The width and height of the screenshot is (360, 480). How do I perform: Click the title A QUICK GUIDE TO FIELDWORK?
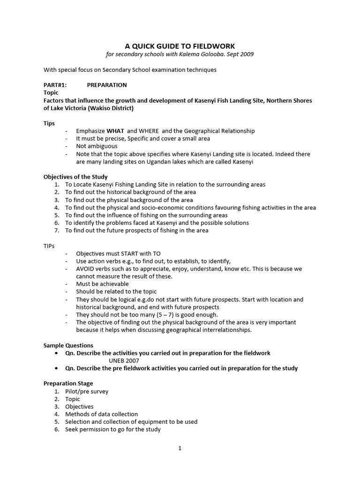click(180, 46)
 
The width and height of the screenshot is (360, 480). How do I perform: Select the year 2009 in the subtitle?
click(247, 54)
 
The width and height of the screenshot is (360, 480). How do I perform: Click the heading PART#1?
click(55, 85)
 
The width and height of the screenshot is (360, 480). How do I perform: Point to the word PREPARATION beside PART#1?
click(107, 85)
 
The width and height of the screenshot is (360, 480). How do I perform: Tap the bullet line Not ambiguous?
click(97, 146)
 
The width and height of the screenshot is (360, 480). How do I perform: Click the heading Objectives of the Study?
click(75, 177)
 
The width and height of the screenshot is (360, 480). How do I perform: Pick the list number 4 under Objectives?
click(56, 207)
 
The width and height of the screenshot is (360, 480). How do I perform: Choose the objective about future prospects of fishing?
click(136, 230)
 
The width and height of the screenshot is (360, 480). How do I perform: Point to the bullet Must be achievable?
click(102, 284)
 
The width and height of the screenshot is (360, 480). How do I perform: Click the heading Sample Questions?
click(68, 345)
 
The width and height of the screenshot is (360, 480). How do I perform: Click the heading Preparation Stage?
click(68, 383)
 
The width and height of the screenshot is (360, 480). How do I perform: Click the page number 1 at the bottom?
click(180, 448)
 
